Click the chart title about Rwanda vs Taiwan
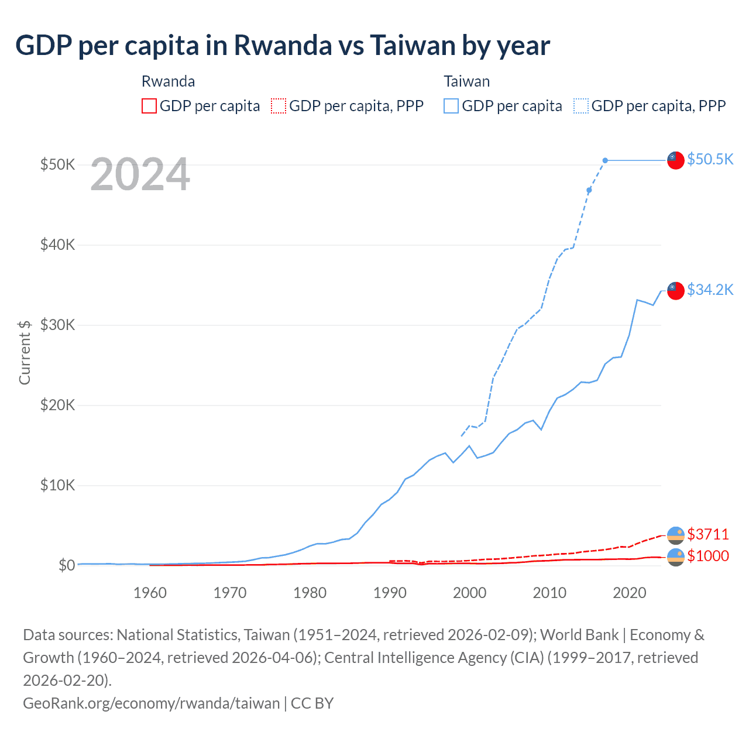tap(283, 46)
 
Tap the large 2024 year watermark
tap(140, 174)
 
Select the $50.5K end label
tap(710, 159)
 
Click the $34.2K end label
tap(710, 290)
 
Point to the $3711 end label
tap(708, 534)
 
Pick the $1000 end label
tap(708, 556)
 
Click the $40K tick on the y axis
tap(57, 245)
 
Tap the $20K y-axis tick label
tap(57, 405)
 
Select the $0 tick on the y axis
tap(66, 565)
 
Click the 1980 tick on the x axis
tap(310, 593)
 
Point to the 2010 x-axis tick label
tap(549, 593)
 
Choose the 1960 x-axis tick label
tap(150, 593)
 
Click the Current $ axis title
tap(25, 352)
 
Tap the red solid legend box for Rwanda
tap(149, 106)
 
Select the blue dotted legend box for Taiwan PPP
tap(581, 106)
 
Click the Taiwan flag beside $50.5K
tap(676, 160)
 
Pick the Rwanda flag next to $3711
tap(676, 535)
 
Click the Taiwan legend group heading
tap(466, 81)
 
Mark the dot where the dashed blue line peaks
tap(605, 160)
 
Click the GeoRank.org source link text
tap(151, 703)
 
